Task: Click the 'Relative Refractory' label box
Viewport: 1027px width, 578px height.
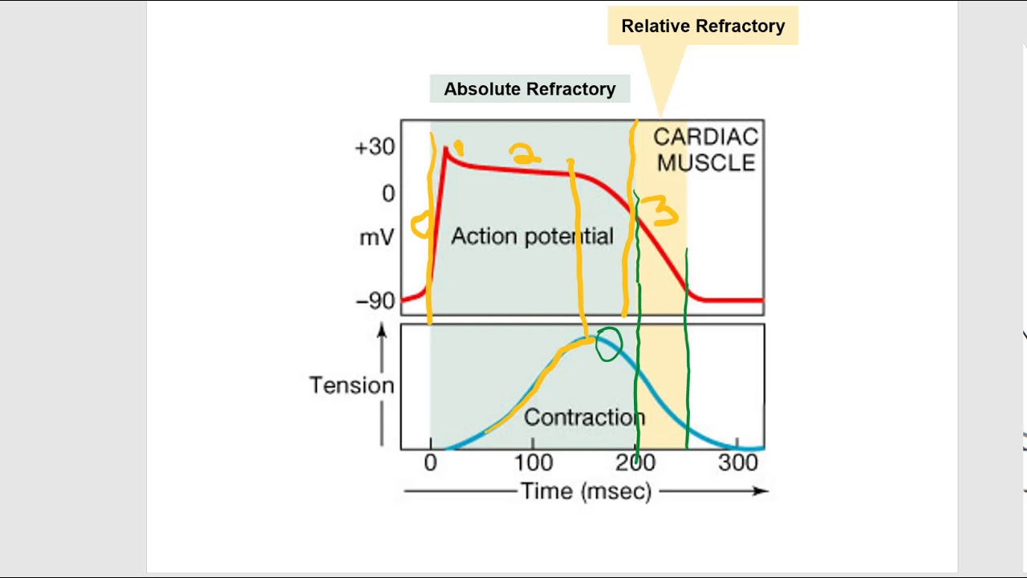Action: click(703, 26)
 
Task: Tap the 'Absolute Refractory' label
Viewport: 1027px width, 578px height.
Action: click(530, 89)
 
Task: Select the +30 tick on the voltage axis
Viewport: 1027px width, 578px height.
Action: click(375, 147)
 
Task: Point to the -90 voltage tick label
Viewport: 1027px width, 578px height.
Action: click(375, 301)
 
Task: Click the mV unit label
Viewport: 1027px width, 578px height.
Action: click(376, 238)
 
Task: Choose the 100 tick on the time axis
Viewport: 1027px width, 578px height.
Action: click(534, 463)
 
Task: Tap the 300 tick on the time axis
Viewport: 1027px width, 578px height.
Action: click(738, 463)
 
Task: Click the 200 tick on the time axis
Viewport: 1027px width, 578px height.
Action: click(636, 463)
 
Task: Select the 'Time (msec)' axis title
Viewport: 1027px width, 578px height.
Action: click(586, 491)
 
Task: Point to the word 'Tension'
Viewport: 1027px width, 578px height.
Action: click(351, 386)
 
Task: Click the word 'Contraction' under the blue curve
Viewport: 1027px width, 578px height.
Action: click(583, 417)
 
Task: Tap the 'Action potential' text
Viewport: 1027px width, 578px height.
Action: click(532, 236)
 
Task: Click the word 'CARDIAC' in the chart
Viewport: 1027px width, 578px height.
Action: click(705, 137)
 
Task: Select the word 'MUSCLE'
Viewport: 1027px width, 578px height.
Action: click(706, 163)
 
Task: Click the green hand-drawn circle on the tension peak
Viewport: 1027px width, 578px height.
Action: click(608, 344)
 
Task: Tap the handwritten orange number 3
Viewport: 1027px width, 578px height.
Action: click(663, 214)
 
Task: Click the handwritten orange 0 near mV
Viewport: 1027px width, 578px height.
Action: click(420, 226)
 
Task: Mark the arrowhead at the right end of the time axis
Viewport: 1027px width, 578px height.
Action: click(761, 491)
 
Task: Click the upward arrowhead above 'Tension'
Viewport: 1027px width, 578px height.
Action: click(382, 330)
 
